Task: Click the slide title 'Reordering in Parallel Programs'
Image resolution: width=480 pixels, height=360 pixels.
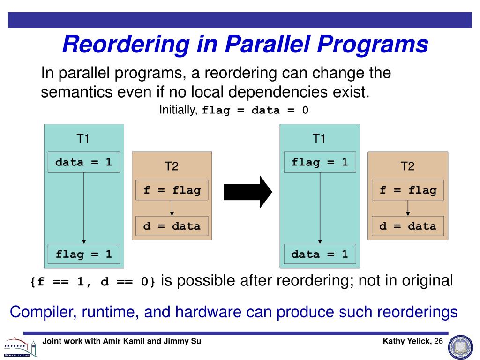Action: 245,45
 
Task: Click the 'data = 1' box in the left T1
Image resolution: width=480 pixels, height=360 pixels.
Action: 84,162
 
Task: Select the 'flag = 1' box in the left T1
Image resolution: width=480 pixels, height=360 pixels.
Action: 84,254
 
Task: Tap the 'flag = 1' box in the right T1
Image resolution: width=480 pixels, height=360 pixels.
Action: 320,162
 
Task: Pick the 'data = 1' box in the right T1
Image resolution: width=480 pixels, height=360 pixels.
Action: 320,254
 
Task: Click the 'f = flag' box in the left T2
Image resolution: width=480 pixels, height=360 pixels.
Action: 172,190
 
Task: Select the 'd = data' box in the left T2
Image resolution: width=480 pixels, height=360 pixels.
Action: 172,226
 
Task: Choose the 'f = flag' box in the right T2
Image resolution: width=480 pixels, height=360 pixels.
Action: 408,190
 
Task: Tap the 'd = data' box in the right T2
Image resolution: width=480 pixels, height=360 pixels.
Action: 408,226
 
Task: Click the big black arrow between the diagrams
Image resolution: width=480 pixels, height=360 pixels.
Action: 247,191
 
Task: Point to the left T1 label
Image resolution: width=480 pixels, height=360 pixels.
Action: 83,138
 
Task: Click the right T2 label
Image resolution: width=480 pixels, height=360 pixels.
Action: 407,166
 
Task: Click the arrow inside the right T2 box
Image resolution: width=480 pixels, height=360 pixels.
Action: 408,208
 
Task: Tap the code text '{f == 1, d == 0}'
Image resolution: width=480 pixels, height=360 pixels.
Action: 92,282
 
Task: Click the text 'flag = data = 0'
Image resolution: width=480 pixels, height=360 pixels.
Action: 255,111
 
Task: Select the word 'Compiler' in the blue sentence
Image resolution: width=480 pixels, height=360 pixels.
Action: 40,312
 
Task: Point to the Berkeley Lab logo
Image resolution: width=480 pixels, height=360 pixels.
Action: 20,347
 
